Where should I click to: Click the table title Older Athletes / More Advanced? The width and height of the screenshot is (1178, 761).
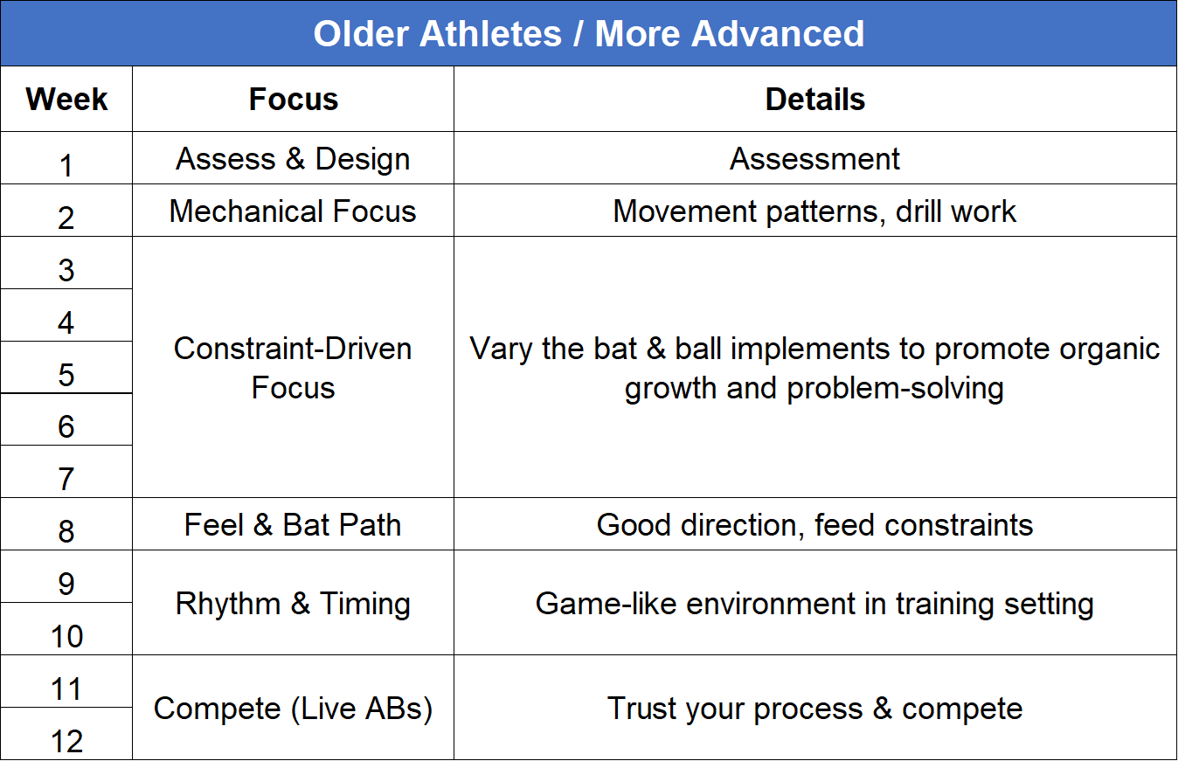[589, 34]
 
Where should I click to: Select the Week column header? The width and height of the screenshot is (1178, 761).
[66, 100]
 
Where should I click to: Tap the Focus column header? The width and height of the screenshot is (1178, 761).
[293, 100]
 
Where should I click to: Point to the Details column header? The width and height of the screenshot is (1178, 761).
[814, 100]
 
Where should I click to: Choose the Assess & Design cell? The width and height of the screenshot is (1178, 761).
[293, 159]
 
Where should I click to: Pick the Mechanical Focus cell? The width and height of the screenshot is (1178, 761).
[293, 211]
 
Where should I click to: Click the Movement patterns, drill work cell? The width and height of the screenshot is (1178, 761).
[814, 211]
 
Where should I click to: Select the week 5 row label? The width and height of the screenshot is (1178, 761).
[66, 374]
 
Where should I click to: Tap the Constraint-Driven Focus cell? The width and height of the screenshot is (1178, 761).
[293, 368]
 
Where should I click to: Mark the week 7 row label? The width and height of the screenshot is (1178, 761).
[66, 479]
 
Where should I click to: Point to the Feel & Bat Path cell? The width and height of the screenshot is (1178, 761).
[293, 525]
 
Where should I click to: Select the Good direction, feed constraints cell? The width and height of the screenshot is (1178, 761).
[814, 525]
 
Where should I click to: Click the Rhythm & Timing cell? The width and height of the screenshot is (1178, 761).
[293, 604]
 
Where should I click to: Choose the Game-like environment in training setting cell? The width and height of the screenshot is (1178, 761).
[814, 604]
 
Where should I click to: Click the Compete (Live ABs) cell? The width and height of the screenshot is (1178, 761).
[293, 709]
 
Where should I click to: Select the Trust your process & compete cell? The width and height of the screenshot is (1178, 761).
[814, 709]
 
